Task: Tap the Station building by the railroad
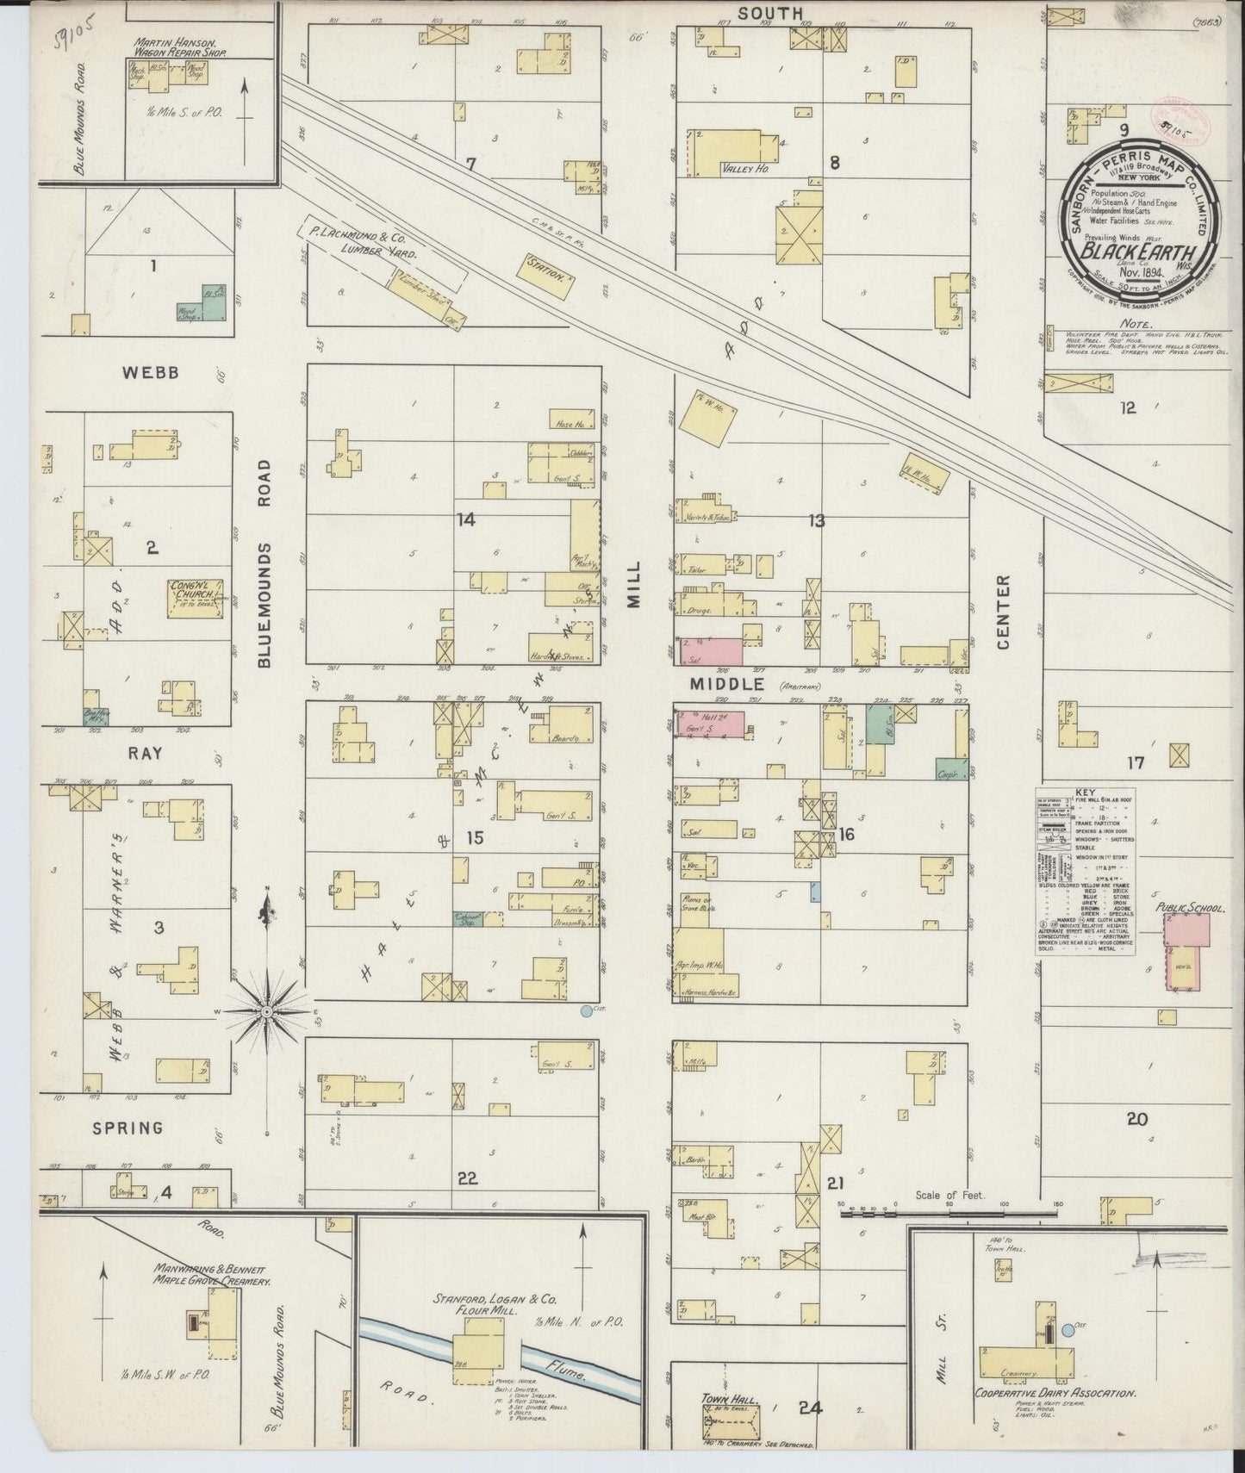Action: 545,276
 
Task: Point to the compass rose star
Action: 267,1010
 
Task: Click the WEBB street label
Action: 150,372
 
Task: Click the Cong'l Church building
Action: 196,598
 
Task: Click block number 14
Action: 467,519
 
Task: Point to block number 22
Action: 467,1179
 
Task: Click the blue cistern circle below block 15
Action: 587,1010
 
